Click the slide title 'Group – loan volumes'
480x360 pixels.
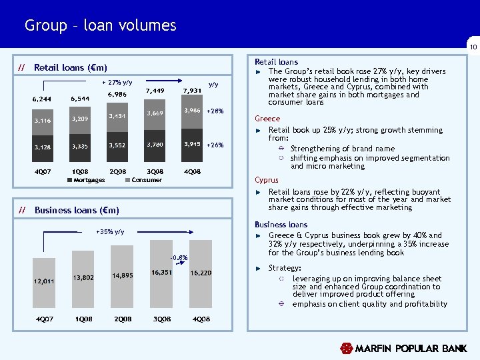100,26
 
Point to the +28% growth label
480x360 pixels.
215,111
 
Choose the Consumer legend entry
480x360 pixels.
143,180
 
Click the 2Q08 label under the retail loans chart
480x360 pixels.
117,171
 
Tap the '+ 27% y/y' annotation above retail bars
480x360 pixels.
117,82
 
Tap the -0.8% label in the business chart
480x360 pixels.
178,258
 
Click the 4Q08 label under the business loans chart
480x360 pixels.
201,319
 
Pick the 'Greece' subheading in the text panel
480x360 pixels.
267,119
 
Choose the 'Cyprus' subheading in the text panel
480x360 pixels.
267,180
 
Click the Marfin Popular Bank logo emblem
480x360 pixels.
346,349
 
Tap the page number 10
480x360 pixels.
472,47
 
